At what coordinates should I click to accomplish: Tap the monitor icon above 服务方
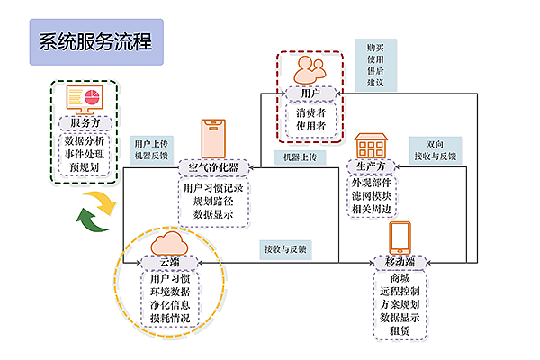86,99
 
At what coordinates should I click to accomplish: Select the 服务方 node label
86,123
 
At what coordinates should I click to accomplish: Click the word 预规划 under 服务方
86,167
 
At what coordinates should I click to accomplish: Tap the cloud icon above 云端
168,242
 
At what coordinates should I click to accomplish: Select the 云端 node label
168,263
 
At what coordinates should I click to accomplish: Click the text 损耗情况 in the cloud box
170,319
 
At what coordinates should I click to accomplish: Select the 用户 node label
310,93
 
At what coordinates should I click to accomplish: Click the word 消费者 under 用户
310,112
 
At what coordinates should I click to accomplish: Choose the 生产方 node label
371,167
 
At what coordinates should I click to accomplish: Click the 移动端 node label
400,263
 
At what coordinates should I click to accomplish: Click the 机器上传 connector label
299,157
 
